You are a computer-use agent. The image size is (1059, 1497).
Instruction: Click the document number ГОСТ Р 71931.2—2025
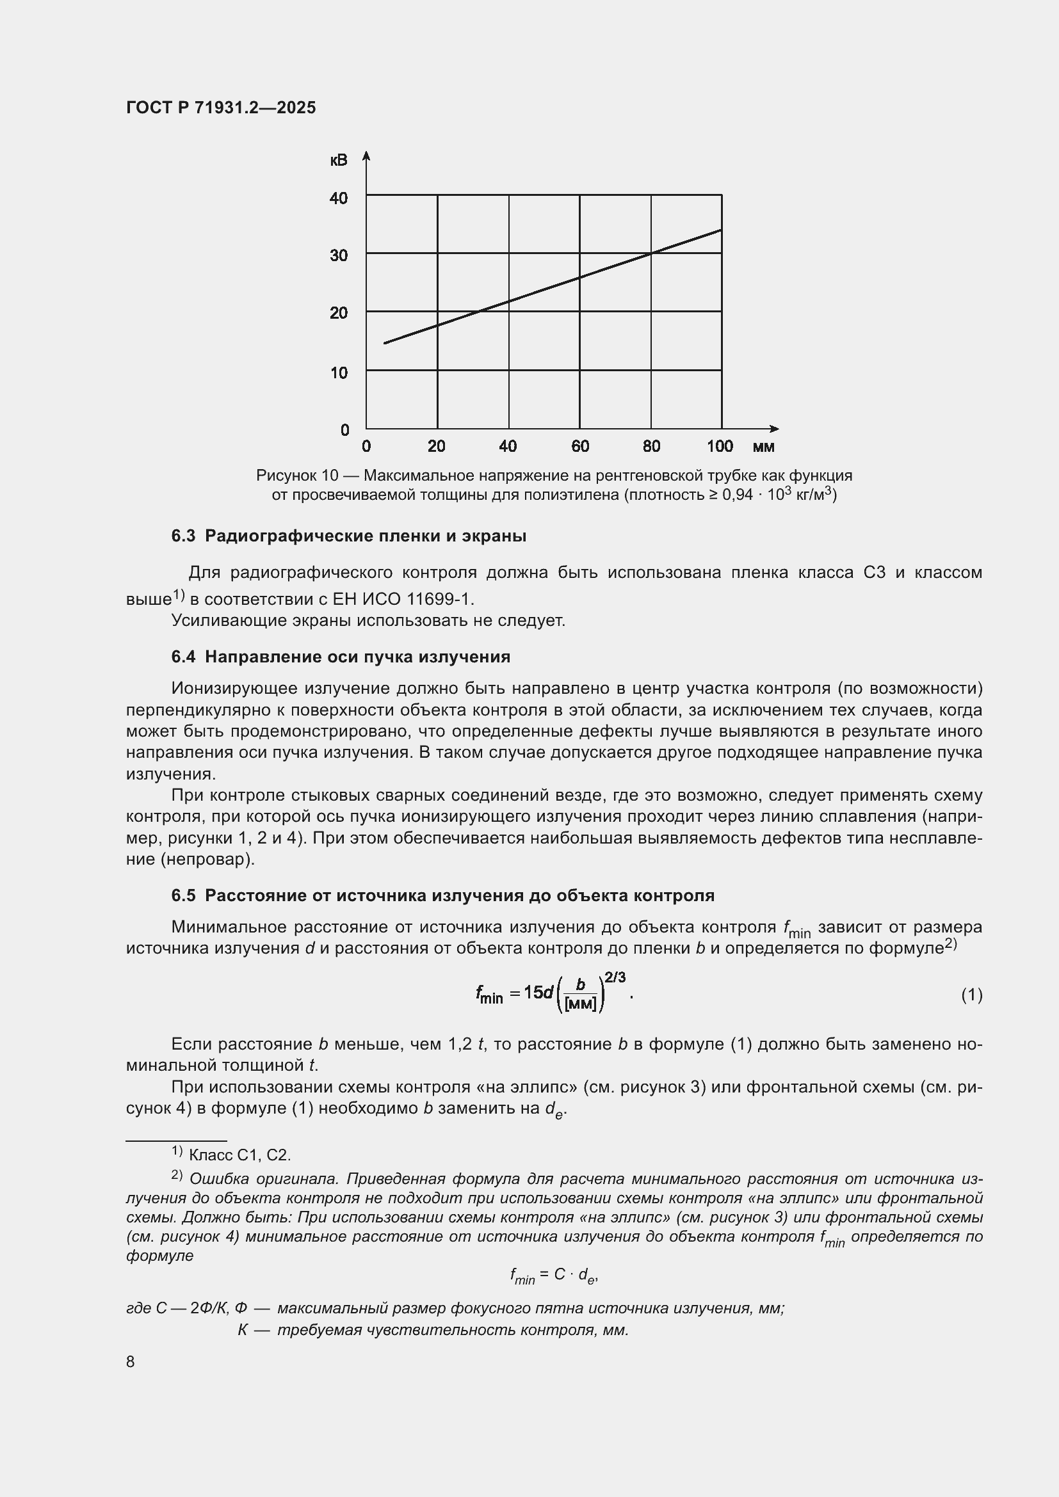pyautogui.click(x=220, y=108)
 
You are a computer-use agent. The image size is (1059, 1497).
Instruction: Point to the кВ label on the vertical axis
pyautogui.click(x=339, y=161)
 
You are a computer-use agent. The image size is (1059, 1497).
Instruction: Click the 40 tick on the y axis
pyautogui.click(x=339, y=198)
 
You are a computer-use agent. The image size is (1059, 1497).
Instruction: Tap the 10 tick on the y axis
pyautogui.click(x=339, y=373)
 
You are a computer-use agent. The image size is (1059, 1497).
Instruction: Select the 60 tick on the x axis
pyautogui.click(x=579, y=447)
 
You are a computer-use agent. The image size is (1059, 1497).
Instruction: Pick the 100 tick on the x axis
pyautogui.click(x=719, y=447)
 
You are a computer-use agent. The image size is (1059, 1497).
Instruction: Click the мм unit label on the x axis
pyautogui.click(x=763, y=447)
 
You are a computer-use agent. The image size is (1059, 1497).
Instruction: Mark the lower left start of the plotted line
pyautogui.click(x=385, y=343)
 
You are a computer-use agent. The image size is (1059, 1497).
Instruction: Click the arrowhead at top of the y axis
pyautogui.click(x=366, y=155)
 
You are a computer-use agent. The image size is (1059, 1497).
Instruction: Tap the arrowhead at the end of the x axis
pyautogui.click(x=775, y=428)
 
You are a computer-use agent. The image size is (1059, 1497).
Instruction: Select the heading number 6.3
pyautogui.click(x=183, y=536)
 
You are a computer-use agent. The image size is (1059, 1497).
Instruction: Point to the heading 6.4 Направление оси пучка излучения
pyautogui.click(x=341, y=657)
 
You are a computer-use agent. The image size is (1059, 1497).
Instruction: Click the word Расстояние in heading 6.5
pyautogui.click(x=254, y=895)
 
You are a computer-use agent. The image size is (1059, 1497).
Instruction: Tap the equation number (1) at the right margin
pyautogui.click(x=971, y=995)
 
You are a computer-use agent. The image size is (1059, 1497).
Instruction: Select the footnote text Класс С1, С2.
pyautogui.click(x=239, y=1155)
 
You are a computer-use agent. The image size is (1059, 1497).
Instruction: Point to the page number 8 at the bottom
pyautogui.click(x=131, y=1361)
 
